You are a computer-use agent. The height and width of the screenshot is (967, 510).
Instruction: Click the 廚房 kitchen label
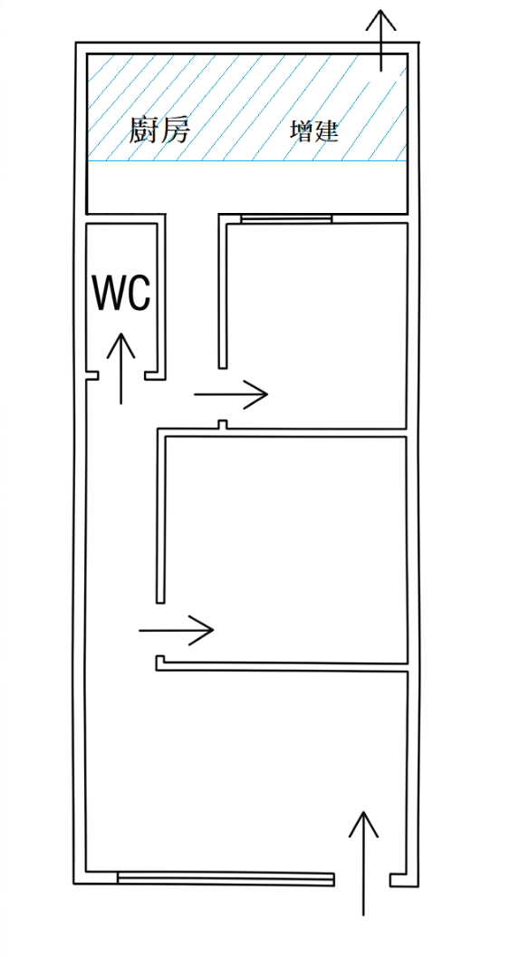[x=159, y=131]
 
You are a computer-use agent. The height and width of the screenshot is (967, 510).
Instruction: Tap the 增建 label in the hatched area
[x=314, y=131]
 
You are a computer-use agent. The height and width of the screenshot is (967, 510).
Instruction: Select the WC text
[x=121, y=293]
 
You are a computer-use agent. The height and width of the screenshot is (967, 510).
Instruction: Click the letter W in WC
[x=109, y=293]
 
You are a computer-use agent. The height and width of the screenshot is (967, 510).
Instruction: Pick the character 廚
[x=143, y=131]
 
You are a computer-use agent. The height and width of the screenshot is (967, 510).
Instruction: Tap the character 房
[x=174, y=131]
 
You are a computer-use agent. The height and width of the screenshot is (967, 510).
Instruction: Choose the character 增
[x=303, y=131]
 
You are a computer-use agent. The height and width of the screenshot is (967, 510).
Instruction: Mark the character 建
[x=327, y=131]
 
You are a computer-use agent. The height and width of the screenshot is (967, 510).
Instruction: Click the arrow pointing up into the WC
[x=120, y=368]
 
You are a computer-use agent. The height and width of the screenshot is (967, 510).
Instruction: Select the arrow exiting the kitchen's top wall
[x=380, y=40]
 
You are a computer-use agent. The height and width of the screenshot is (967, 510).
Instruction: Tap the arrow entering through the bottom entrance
[x=363, y=863]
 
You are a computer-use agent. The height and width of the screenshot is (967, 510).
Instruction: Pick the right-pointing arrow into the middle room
[x=177, y=630]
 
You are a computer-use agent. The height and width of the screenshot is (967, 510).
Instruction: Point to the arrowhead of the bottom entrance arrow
[x=363, y=823]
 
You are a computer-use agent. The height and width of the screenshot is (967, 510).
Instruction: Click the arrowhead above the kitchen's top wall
[x=380, y=20]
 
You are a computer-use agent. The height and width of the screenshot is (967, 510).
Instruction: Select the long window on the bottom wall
[x=226, y=879]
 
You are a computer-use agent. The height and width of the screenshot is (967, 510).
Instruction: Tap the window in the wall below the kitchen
[x=286, y=218]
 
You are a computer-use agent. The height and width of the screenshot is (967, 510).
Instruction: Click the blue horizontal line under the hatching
[x=246, y=161]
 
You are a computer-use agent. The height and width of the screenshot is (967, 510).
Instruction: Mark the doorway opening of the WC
[x=121, y=375]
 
